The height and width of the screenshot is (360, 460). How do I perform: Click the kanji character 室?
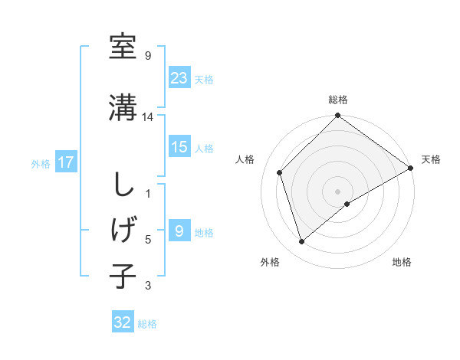tap(123, 47)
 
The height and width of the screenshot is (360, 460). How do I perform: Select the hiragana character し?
tap(123, 186)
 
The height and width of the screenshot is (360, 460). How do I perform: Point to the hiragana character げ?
tap(123, 229)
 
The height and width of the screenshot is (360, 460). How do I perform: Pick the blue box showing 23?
tap(179, 77)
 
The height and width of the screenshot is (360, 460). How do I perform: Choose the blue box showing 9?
tap(179, 231)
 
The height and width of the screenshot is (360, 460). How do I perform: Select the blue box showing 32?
tap(123, 322)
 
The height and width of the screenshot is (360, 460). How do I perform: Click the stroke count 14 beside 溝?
tap(148, 116)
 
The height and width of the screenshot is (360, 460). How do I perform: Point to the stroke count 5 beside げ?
tap(148, 240)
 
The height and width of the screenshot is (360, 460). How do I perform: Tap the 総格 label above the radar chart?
tap(337, 100)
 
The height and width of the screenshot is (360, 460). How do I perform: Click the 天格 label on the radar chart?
tap(431, 159)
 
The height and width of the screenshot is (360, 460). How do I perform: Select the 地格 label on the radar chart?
tap(402, 263)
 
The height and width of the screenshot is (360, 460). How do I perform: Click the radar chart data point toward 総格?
tap(337, 116)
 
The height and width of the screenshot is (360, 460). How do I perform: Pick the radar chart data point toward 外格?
tap(302, 242)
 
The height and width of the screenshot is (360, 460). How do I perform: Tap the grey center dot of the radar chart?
tap(337, 191)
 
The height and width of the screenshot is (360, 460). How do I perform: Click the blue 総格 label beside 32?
tap(148, 324)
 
